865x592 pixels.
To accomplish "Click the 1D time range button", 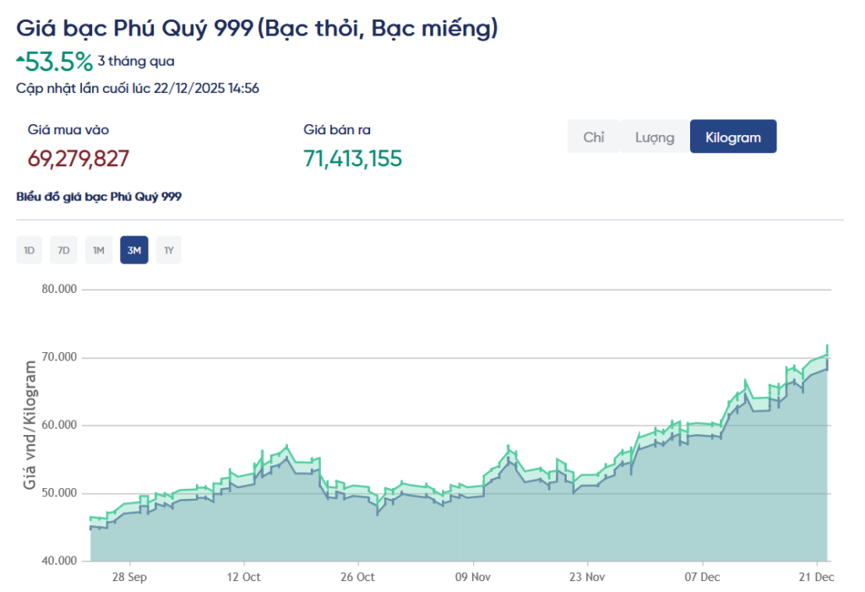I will point(29,250).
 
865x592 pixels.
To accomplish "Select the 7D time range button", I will point(63,250).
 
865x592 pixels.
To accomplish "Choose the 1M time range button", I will point(99,250).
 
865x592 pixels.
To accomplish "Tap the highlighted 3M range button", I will point(133,250).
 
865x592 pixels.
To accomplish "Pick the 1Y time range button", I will point(169,250).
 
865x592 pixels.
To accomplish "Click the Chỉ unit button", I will point(594,137).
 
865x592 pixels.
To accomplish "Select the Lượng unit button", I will point(655,137).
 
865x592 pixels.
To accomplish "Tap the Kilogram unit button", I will point(733,137).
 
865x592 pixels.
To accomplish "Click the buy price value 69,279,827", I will point(79,159).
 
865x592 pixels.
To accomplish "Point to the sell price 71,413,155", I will point(352,159).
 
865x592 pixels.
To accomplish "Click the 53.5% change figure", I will point(58,61).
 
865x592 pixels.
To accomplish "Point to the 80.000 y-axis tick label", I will point(59,289).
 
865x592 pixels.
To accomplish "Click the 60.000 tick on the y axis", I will point(59,425).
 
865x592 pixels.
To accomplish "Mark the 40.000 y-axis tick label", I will point(59,561).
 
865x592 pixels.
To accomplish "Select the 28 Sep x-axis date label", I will point(129,577).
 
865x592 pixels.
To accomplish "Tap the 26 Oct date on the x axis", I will point(358,577).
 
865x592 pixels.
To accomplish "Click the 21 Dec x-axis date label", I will point(817,577).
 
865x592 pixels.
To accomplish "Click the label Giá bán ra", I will point(337,130).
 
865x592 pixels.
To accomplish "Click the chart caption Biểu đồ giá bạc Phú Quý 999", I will point(99,197).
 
